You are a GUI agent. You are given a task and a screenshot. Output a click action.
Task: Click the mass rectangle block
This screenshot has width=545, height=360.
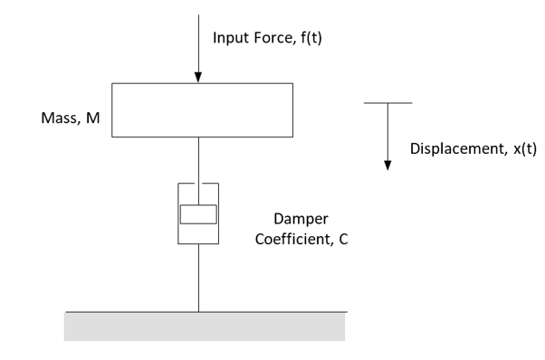click(201, 109)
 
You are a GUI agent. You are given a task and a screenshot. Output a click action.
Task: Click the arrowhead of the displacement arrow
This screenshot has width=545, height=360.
click(387, 165)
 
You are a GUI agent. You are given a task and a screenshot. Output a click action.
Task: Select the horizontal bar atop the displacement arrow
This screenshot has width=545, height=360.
click(387, 103)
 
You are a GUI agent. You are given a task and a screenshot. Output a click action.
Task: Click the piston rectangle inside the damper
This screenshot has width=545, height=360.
click(199, 214)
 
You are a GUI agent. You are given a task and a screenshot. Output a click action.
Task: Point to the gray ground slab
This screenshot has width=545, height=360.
click(204, 327)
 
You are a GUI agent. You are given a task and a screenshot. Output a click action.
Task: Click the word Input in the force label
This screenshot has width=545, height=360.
click(230, 38)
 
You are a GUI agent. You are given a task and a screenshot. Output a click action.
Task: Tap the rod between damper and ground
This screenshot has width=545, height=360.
click(199, 277)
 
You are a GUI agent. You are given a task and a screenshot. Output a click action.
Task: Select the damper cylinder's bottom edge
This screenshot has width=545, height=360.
click(199, 243)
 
